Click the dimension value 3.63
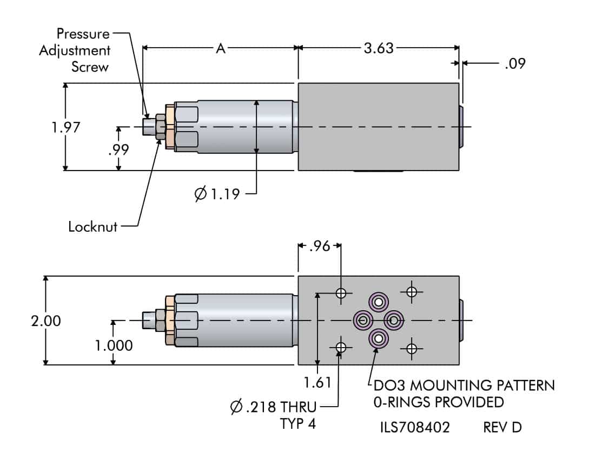pyautogui.click(x=379, y=48)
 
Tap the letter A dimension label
pyautogui.click(x=221, y=48)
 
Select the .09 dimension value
pyautogui.click(x=514, y=63)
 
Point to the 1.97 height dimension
pyautogui.click(x=66, y=127)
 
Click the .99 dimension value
pyautogui.click(x=118, y=150)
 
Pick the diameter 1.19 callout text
pyautogui.click(x=216, y=193)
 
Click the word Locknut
pyautogui.click(x=93, y=226)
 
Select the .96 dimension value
pyautogui.click(x=319, y=246)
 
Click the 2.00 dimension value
pyautogui.click(x=46, y=321)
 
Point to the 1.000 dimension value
pyautogui.click(x=114, y=345)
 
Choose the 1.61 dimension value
pyautogui.click(x=318, y=383)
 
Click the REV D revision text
pyautogui.click(x=502, y=428)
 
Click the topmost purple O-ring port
pyautogui.click(x=378, y=302)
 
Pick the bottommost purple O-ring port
pyautogui.click(x=378, y=339)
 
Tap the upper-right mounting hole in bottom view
pyautogui.click(x=412, y=292)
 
